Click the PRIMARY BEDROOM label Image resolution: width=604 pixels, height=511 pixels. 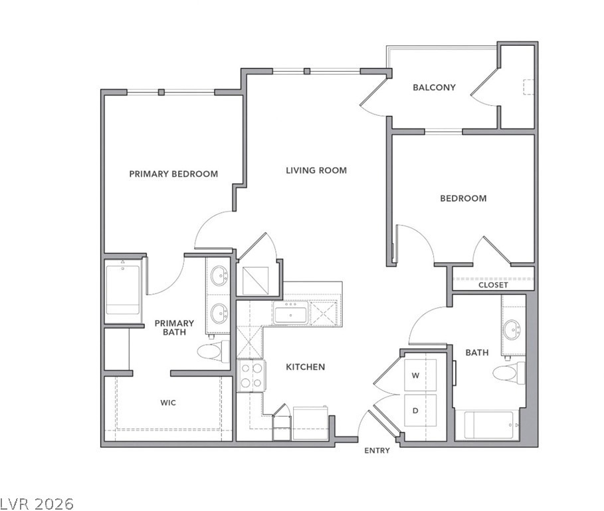173,174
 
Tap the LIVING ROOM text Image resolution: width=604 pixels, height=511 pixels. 316,170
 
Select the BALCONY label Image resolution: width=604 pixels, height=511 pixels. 434,88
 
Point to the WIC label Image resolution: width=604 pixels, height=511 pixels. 168,403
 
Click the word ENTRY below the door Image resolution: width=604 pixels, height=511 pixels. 377,450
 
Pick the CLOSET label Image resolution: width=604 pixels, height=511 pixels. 493,285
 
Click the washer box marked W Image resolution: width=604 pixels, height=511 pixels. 420,375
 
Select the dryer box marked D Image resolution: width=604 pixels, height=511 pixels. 420,411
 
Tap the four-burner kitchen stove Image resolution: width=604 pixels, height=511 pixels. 251,376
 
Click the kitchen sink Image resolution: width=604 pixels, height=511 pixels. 291,313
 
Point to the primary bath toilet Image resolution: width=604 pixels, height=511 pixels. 213,351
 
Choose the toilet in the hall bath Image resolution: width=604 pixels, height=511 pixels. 509,373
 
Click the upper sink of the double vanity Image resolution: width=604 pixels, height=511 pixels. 219,276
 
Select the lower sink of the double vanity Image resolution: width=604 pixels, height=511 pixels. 219,314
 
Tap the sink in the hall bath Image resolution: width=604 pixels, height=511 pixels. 512,330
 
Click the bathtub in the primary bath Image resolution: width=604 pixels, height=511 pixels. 122,290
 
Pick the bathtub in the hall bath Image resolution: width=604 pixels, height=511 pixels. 489,425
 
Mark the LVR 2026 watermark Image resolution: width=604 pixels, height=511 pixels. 37,504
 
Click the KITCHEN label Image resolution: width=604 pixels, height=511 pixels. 306,367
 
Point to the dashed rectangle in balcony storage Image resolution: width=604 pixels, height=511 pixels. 528,86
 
